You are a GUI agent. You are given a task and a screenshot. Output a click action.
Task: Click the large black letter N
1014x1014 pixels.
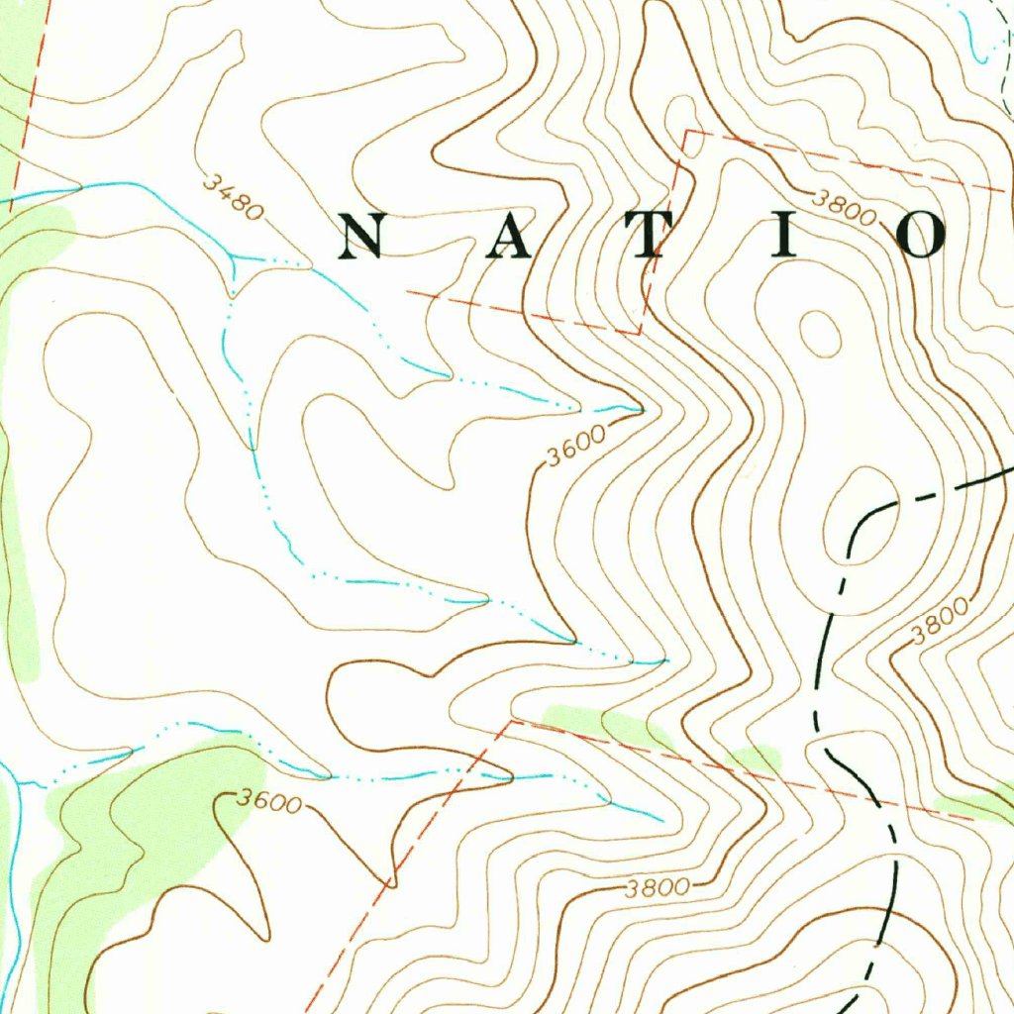(362, 237)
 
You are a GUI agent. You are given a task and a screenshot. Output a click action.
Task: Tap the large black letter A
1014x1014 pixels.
(507, 237)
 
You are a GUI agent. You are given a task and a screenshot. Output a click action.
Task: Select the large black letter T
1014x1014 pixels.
(650, 237)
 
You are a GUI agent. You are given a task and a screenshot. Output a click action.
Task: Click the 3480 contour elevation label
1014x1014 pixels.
(234, 196)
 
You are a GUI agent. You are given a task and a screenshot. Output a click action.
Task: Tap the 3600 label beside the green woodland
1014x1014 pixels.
(269, 801)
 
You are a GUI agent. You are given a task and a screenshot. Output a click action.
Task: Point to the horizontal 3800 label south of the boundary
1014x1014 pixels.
(658, 888)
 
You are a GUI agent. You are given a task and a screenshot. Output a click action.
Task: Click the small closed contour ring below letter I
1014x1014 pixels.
(820, 333)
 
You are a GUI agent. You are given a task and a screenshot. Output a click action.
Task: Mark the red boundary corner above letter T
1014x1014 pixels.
(685, 132)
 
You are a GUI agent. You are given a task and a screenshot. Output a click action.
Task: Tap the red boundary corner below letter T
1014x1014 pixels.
(639, 334)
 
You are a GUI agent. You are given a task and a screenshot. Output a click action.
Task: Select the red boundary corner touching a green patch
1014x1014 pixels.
(514, 722)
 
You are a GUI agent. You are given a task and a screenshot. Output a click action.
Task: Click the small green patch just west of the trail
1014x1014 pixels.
(755, 760)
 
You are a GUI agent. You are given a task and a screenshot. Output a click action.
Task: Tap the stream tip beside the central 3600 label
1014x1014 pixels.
(641, 408)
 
